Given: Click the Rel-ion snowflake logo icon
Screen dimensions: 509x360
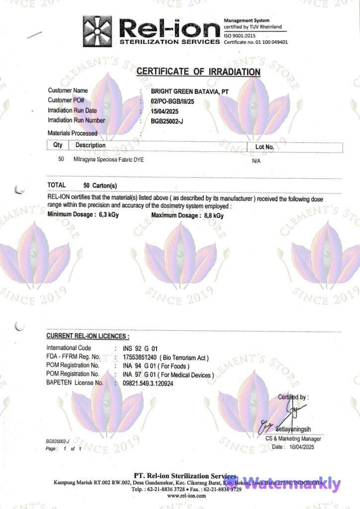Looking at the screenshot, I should [x=97, y=31].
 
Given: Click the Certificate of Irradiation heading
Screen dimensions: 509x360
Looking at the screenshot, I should [x=198, y=72].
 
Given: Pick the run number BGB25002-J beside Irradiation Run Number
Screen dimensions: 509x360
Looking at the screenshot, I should [x=167, y=121].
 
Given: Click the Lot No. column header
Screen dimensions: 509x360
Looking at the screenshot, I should [x=264, y=147].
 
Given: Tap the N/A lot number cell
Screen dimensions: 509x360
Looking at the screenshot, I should [x=257, y=161].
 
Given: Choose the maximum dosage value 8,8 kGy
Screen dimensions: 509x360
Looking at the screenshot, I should [x=214, y=215].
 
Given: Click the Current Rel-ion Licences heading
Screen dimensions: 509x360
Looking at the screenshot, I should [x=88, y=337].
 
